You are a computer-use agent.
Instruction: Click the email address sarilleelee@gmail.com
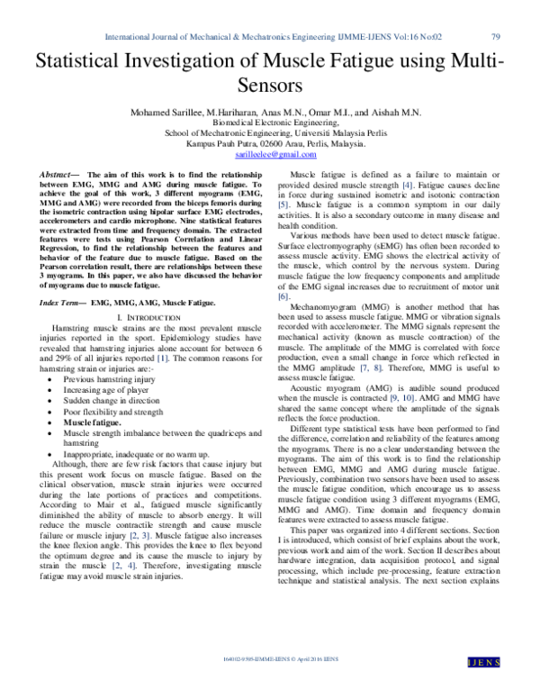pos(270,156)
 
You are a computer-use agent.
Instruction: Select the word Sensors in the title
pos(270,87)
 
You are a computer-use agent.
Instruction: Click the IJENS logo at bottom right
pos(508,686)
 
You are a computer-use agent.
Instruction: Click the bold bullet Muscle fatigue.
pos(96,422)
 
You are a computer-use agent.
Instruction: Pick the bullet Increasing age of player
pos(105,390)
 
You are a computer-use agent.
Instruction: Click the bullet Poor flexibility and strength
pos(112,412)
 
